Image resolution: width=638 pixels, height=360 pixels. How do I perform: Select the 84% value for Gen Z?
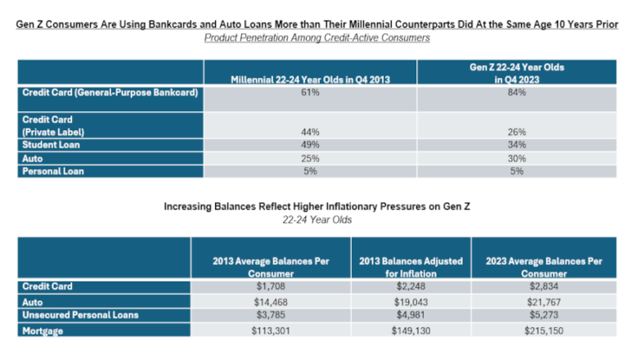[516, 93]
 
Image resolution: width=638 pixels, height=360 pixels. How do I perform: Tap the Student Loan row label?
[46, 145]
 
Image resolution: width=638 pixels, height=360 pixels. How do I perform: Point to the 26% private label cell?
[516, 132]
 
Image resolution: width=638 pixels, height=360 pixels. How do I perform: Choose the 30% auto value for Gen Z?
[516, 158]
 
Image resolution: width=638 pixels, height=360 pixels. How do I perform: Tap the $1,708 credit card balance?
[270, 287]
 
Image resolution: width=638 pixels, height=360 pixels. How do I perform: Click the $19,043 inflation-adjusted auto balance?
[411, 301]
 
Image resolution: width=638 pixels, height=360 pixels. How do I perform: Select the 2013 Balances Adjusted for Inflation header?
[411, 266]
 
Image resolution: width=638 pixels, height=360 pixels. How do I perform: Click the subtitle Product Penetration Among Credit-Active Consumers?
[317, 38]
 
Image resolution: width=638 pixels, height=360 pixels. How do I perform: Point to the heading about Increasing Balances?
[317, 207]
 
